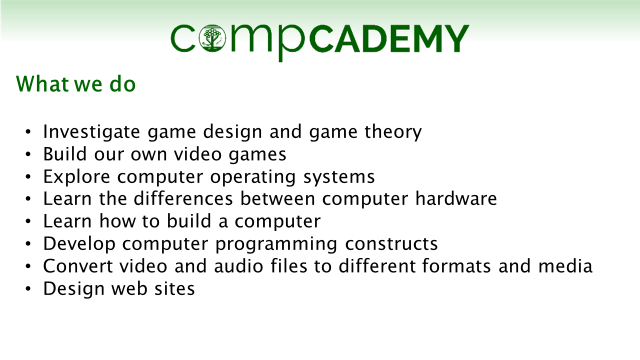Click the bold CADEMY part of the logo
389,38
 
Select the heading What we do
75,84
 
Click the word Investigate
91,132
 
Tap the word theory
393,132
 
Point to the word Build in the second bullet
65,154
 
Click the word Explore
76,177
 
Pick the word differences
183,198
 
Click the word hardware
456,198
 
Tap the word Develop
79,244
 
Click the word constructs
391,244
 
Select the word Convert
78,266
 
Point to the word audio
238,266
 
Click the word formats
456,266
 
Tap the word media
565,266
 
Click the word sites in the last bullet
175,288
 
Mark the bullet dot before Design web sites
28,288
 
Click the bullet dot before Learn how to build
28,221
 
